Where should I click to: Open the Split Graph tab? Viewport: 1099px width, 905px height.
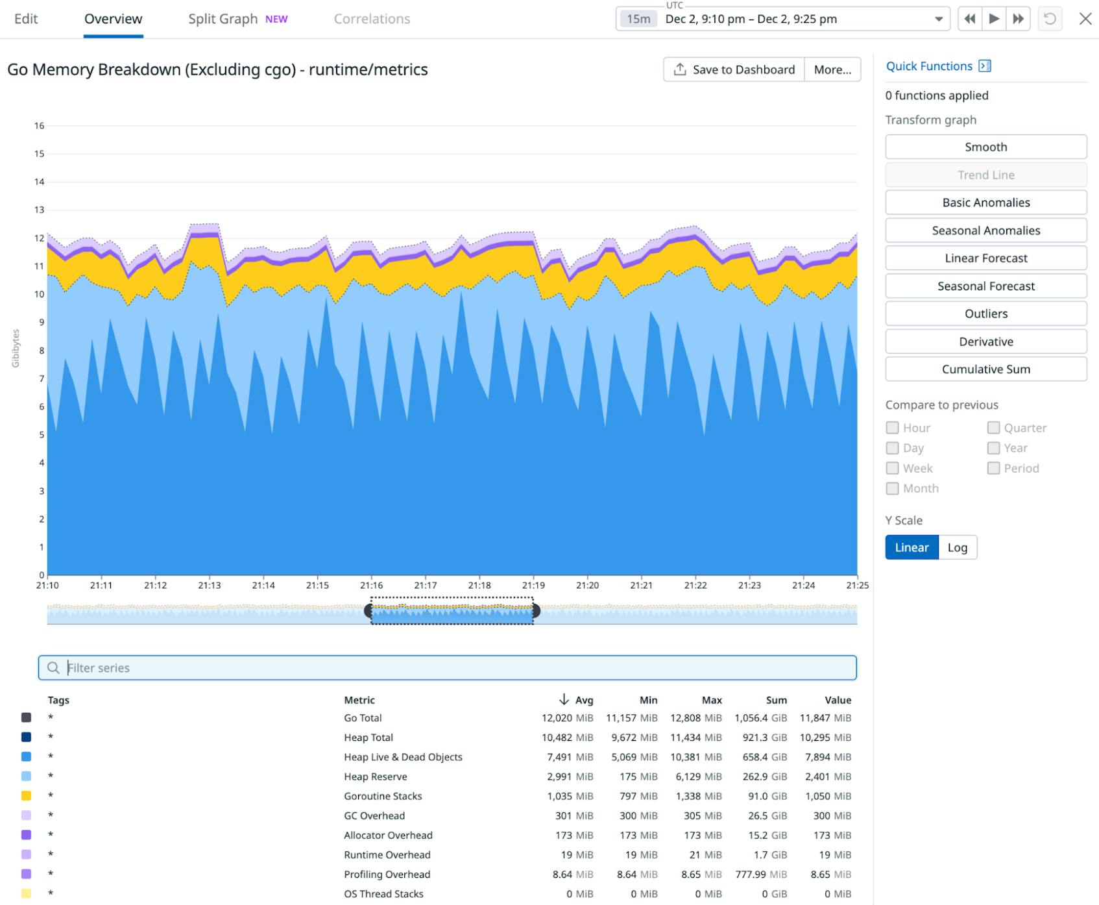pyautogui.click(x=223, y=19)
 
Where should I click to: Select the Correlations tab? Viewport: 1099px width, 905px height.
pyautogui.click(x=372, y=19)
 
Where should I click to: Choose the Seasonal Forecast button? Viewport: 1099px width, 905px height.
pyautogui.click(x=985, y=286)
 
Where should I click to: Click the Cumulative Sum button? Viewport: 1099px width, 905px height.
pyautogui.click(x=985, y=369)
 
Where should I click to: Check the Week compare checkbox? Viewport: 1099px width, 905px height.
pyautogui.click(x=893, y=468)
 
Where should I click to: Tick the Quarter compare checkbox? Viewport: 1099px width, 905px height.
pyautogui.click(x=993, y=428)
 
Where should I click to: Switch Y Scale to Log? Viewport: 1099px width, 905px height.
pyautogui.click(x=957, y=547)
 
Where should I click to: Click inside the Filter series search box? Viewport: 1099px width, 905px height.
pyautogui.click(x=448, y=667)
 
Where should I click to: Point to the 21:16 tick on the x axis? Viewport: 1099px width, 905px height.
pyautogui.click(x=371, y=585)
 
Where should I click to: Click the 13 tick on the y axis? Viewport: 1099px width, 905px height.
pyautogui.click(x=40, y=210)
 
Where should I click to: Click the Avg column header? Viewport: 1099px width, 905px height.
pyautogui.click(x=583, y=700)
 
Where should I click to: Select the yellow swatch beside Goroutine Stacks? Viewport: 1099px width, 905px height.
pyautogui.click(x=27, y=796)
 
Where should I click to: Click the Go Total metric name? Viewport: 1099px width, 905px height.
pyautogui.click(x=363, y=718)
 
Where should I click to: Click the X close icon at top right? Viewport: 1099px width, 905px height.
pyautogui.click(x=1085, y=19)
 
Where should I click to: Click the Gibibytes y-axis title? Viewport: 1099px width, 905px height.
pyautogui.click(x=16, y=349)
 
